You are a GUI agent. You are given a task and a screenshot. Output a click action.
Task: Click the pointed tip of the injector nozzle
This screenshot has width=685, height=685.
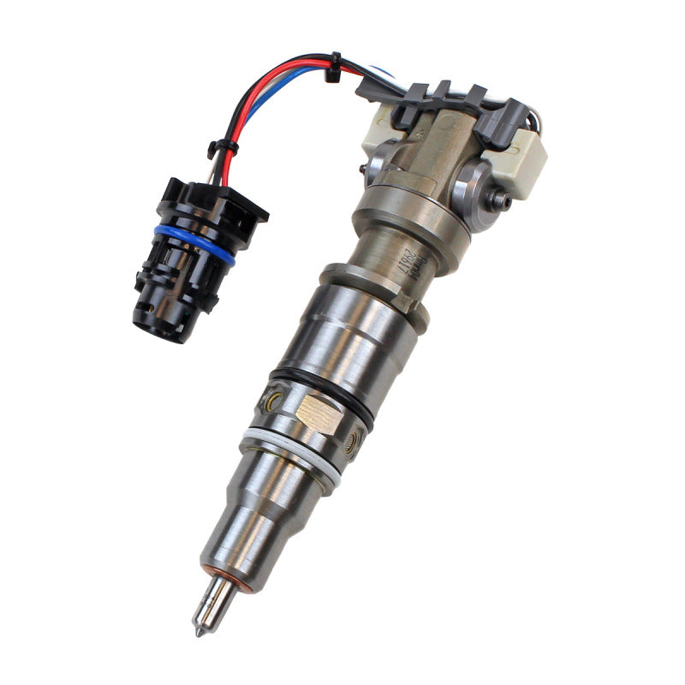pyautogui.click(x=197, y=632)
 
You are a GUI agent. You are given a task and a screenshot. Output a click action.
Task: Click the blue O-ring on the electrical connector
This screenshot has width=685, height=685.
pyautogui.click(x=195, y=243)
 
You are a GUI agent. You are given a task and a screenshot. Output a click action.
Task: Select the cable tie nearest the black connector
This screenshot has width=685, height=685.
pyautogui.click(x=223, y=147)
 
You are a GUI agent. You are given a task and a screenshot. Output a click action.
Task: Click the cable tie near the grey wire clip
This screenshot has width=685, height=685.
pyautogui.click(x=332, y=67)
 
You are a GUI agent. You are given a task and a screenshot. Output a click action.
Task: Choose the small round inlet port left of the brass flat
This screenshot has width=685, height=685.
pyautogui.click(x=272, y=399)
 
